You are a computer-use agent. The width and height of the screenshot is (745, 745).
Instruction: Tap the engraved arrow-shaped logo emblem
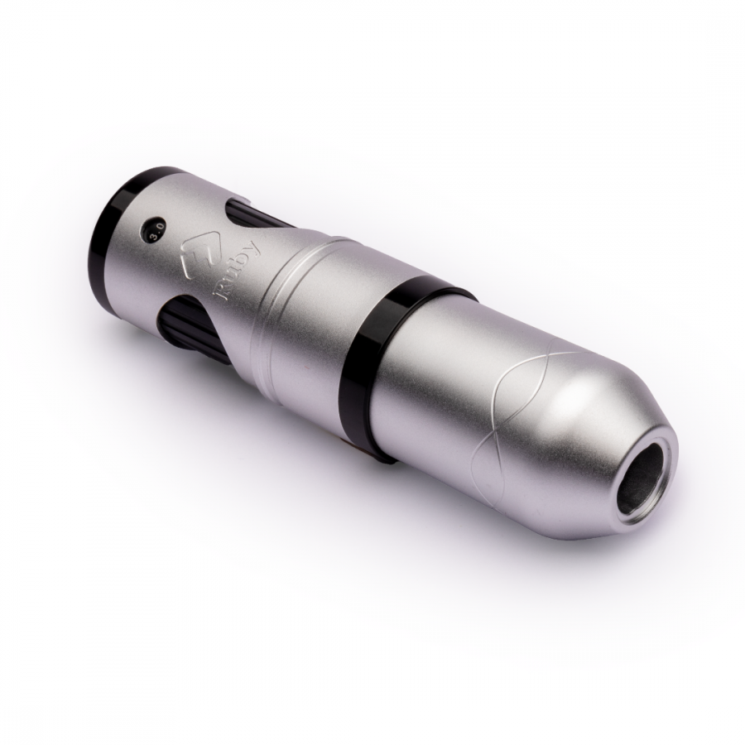[x=195, y=255]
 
